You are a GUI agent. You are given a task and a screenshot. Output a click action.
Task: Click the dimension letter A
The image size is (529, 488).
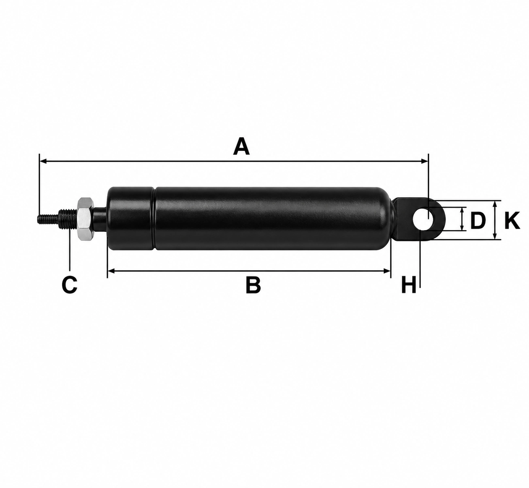pos(241,146)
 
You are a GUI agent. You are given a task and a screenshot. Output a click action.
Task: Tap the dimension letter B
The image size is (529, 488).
pos(253,285)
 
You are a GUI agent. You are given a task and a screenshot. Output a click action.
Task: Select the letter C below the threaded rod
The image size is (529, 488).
pos(69,285)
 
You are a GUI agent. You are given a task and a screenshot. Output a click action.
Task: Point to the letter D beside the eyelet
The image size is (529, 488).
pos(478,220)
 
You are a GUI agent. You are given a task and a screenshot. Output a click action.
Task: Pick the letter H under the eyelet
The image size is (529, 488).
pos(408,285)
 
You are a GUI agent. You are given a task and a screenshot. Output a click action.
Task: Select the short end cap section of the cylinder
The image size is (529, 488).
pos(130,218)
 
